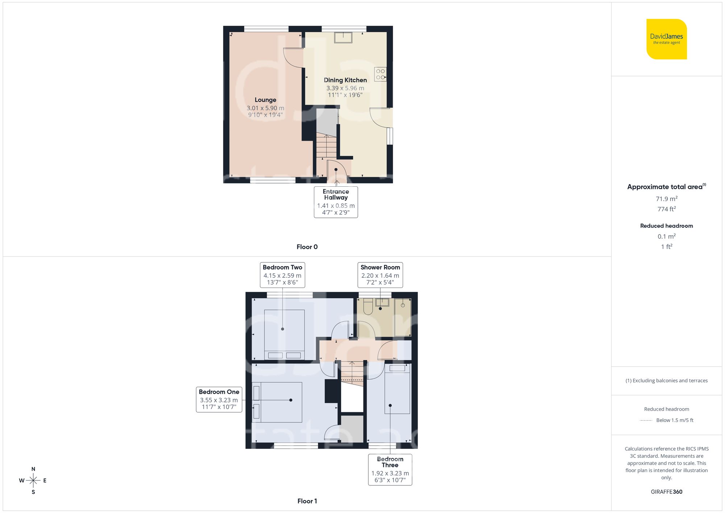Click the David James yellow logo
click(x=666, y=39)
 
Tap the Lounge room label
click(x=265, y=100)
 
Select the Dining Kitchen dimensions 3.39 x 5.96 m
click(x=345, y=88)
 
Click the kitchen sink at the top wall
click(x=343, y=37)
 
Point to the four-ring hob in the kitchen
click(x=380, y=74)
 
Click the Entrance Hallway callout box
click(x=336, y=202)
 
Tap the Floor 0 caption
click(x=307, y=247)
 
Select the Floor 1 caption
click(x=307, y=501)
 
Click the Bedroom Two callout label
click(x=282, y=275)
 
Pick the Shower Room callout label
click(x=380, y=275)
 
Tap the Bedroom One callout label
click(x=219, y=399)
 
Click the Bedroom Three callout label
click(x=390, y=469)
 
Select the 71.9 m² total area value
click(x=666, y=199)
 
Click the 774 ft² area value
click(x=666, y=209)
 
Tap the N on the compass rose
click(x=33, y=469)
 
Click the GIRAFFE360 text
click(x=666, y=492)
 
